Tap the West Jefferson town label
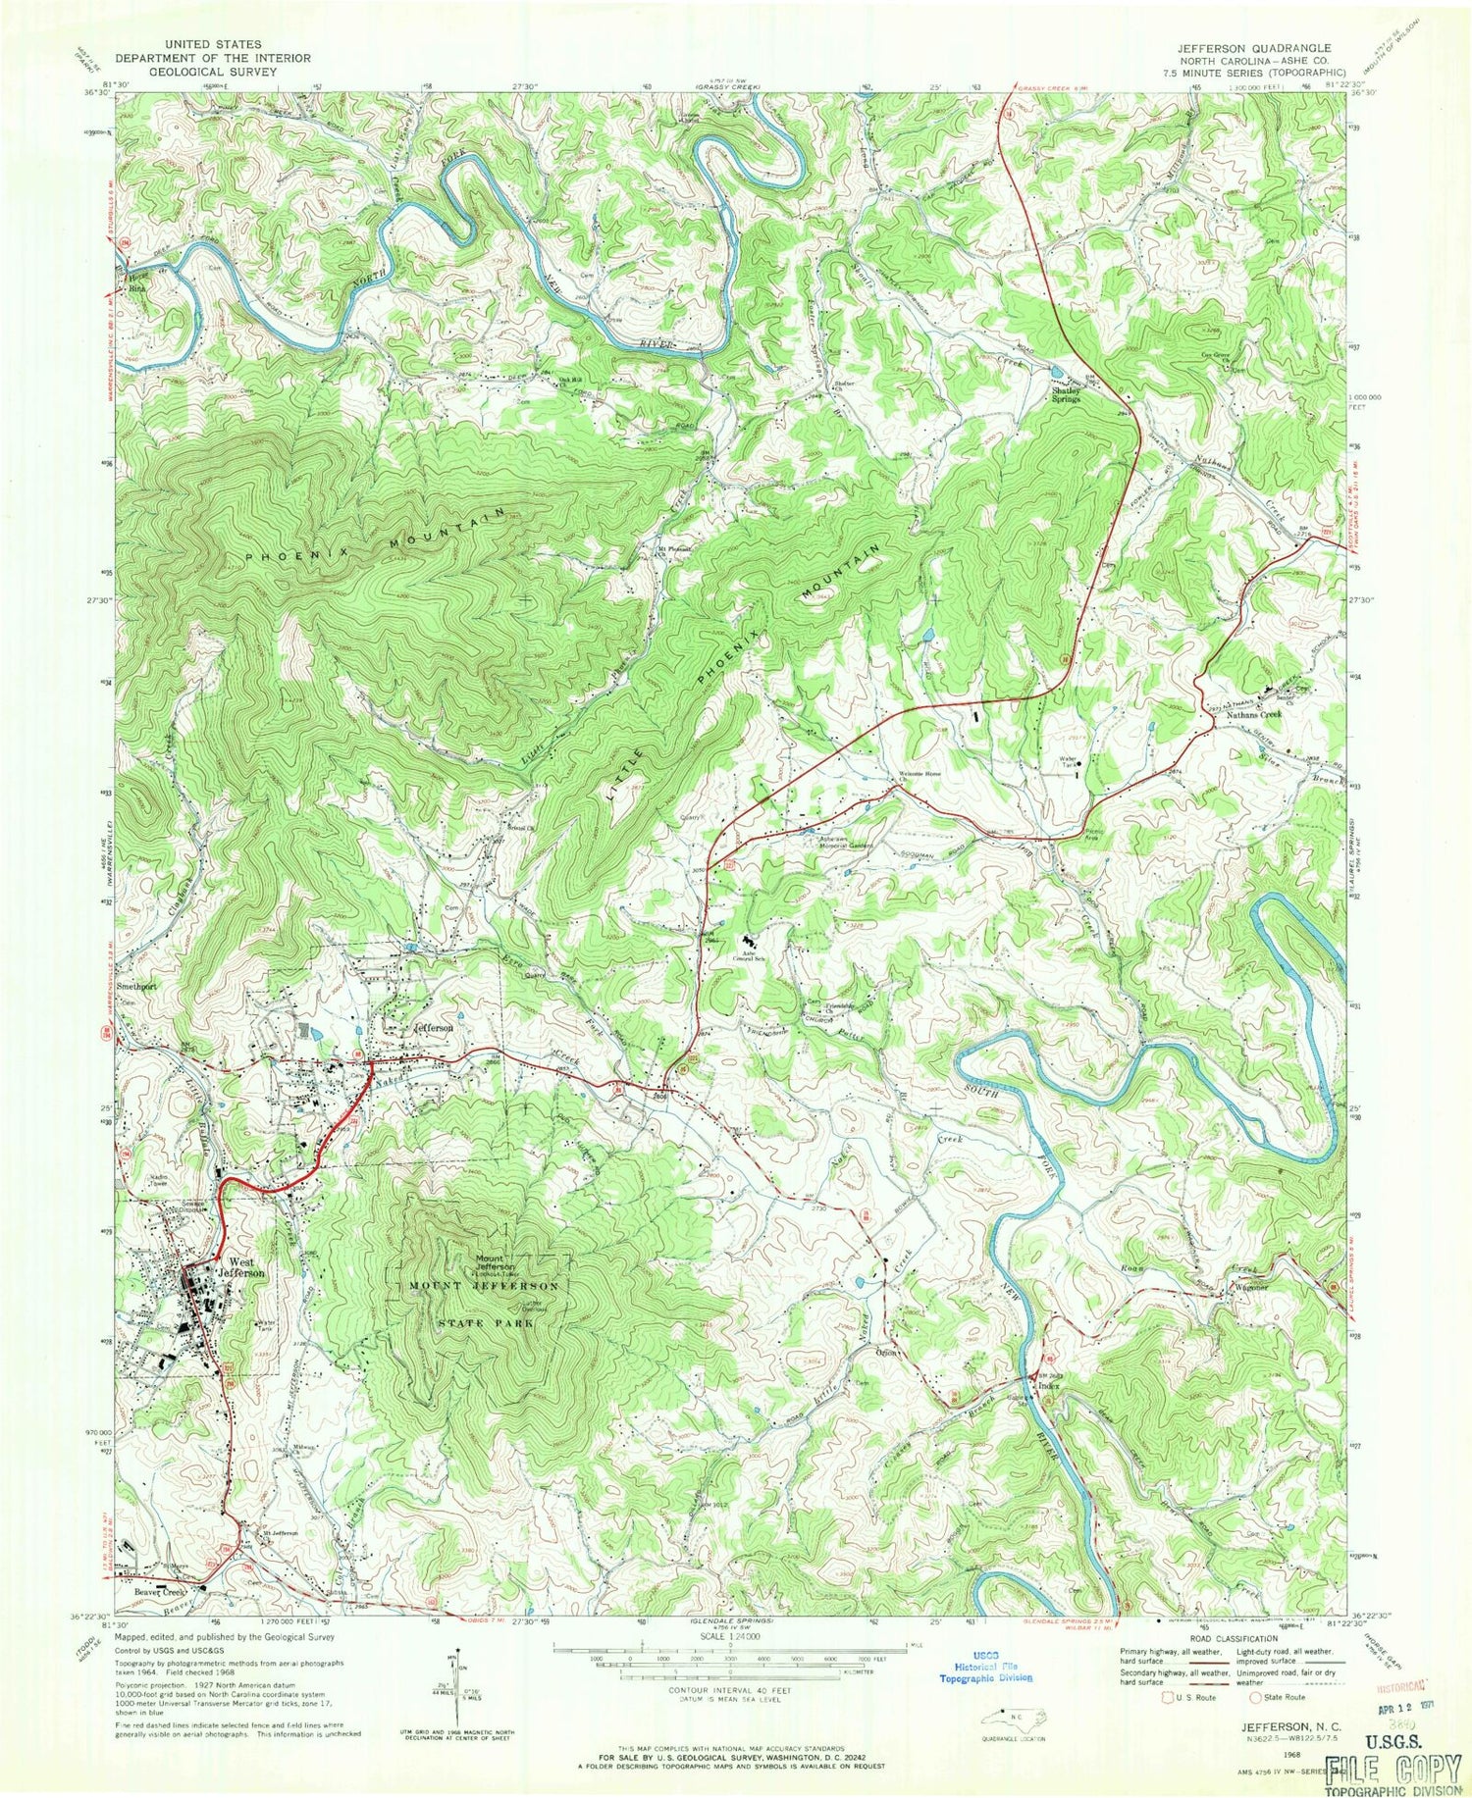(x=246, y=1267)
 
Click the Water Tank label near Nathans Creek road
(x=1068, y=760)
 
